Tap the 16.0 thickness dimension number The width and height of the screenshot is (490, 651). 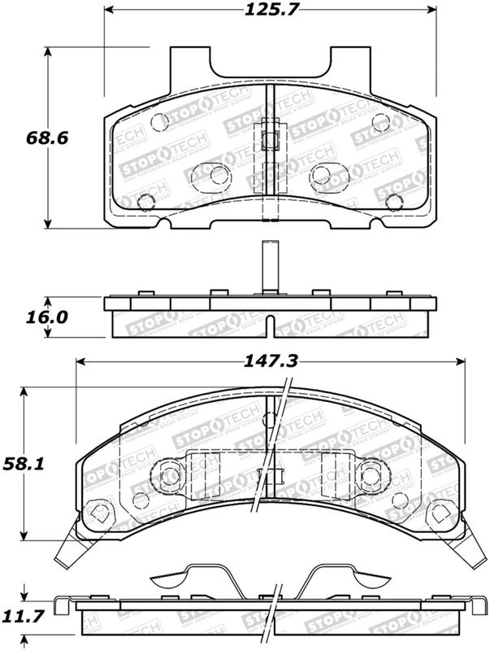point(22,317)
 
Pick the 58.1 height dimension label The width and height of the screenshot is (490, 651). point(22,465)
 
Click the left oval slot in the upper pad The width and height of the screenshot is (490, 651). point(209,174)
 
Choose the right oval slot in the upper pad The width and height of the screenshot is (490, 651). point(329,174)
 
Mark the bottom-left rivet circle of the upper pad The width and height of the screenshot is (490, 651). point(146,203)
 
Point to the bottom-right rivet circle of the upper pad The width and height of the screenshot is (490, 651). point(393,203)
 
